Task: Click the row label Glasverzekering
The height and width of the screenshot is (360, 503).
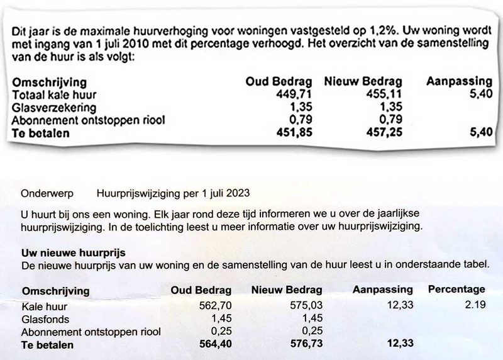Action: click(x=51, y=107)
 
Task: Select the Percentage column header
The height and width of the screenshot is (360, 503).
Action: click(x=456, y=290)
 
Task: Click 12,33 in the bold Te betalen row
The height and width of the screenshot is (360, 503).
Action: click(x=398, y=345)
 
